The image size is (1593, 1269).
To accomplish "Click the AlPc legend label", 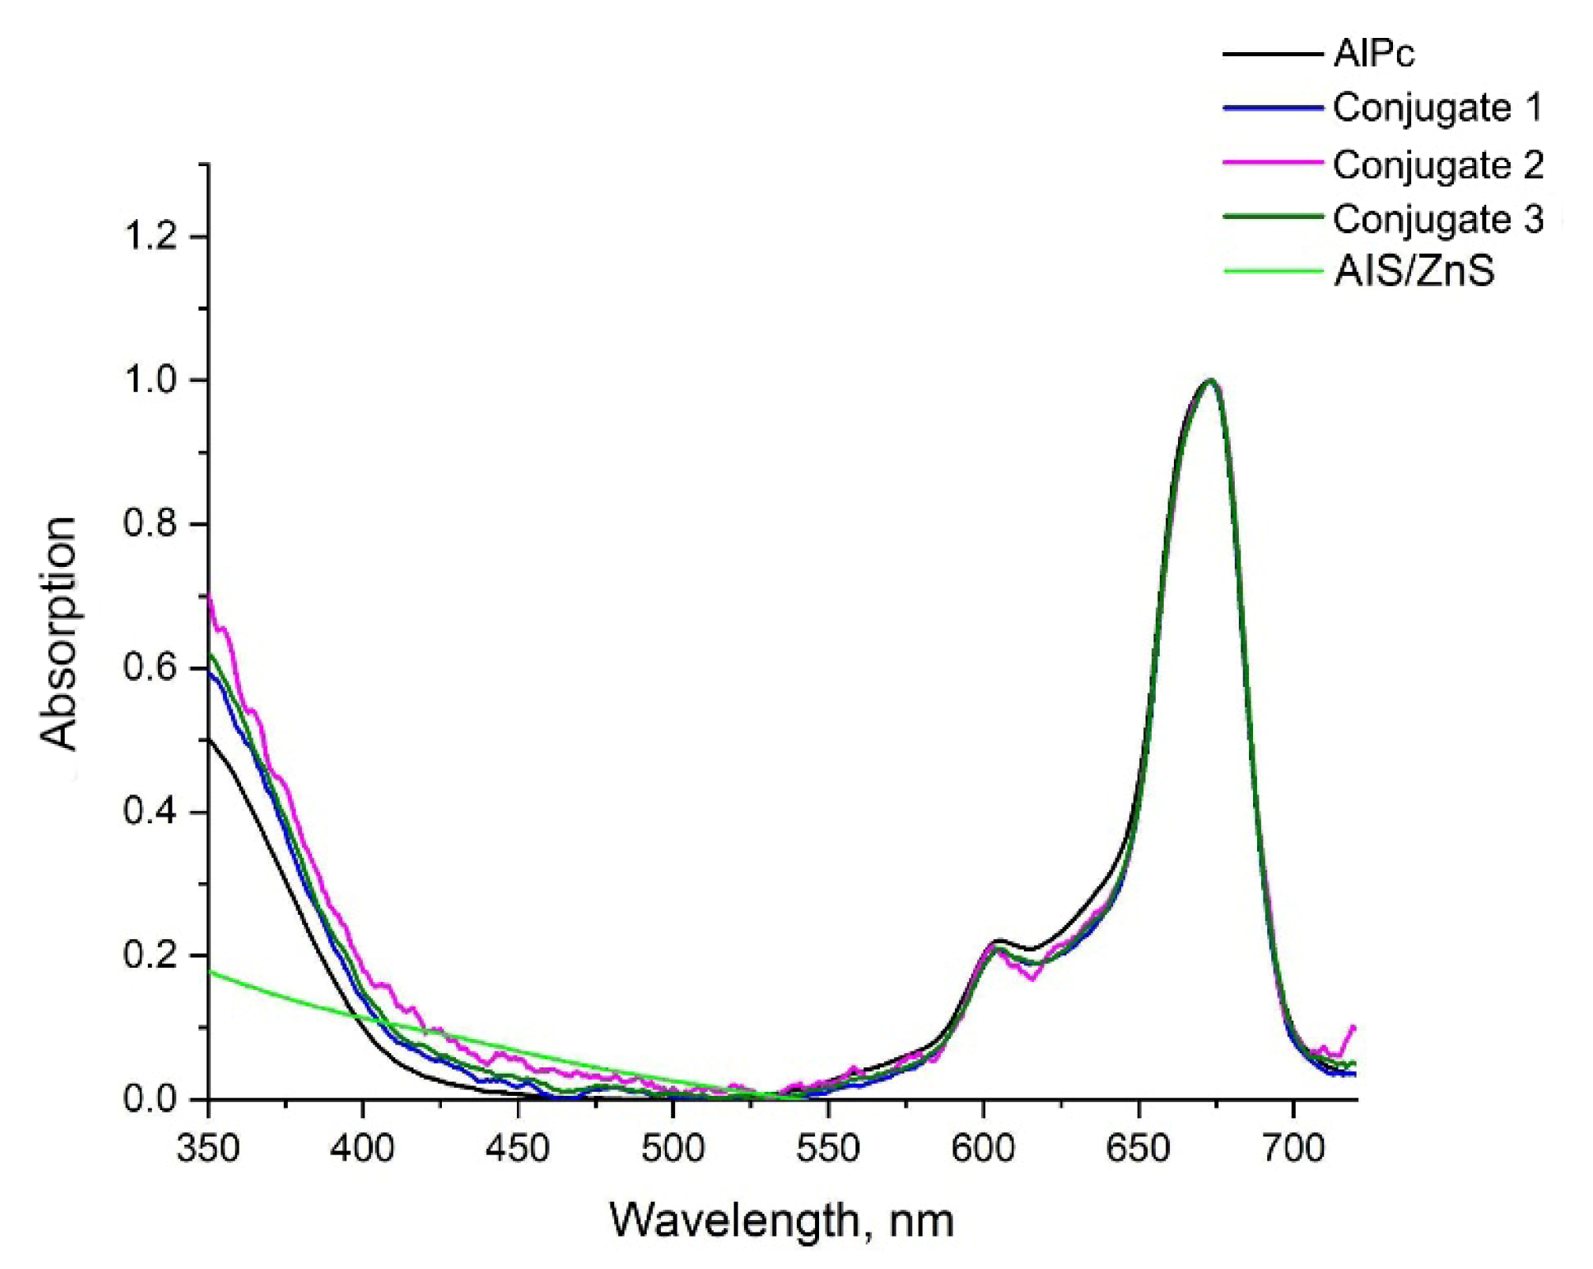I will coord(1374,54).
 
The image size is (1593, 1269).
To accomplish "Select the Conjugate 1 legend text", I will coord(1437,108).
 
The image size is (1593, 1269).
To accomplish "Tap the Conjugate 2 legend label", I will coord(1437,165).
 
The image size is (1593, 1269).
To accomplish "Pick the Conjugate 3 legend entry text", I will coord(1437,219).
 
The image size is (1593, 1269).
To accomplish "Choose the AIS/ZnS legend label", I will coord(1414,271).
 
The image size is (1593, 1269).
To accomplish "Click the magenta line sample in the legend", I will coord(1272,162).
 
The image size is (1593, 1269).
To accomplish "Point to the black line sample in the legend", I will coord(1272,55).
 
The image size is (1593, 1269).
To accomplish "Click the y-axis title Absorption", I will coord(59,633).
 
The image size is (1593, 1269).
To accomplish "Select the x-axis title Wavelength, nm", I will coord(781,1220).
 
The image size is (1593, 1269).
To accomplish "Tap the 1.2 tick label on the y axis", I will coord(150,236).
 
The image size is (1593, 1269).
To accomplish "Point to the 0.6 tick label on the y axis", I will coord(150,668).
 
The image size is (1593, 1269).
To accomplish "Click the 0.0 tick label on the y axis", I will coord(150,1100).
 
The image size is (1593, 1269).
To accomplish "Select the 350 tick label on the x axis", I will coord(208,1148).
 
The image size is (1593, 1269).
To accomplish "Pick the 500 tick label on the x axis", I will coord(673,1148).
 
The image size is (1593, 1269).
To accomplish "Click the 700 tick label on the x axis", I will coord(1293,1148).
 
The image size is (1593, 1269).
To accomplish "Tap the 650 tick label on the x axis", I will coord(1138,1148).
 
